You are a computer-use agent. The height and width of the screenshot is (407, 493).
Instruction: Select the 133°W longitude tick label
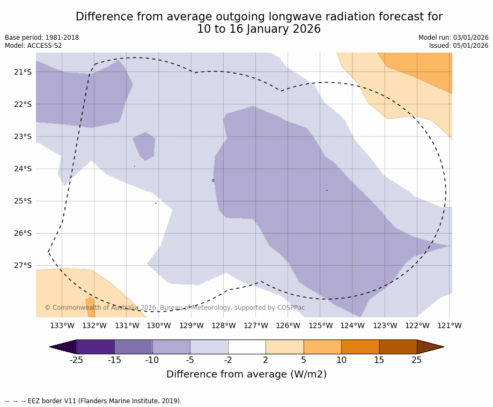pos(62,325)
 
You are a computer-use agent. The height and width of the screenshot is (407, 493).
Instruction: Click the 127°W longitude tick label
pos(255,325)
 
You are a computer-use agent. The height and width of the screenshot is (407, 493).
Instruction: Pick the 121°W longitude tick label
pos(449,325)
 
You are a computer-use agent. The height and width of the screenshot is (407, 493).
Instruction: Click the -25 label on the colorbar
pos(76,360)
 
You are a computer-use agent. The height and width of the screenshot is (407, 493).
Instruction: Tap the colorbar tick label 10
pos(341,360)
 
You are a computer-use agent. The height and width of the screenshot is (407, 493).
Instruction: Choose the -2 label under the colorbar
pos(227,360)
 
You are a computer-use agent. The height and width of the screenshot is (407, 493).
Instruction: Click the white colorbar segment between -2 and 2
pos(247,347)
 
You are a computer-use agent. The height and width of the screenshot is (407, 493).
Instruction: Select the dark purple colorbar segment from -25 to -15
pos(95,347)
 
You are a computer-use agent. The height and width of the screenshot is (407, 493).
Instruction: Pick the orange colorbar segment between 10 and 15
pos(360,347)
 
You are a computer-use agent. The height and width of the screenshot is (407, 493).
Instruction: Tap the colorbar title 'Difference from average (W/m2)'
pos(246,374)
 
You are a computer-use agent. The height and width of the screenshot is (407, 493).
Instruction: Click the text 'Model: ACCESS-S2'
pos(33,46)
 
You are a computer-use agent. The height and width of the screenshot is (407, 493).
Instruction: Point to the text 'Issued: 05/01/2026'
pos(459,46)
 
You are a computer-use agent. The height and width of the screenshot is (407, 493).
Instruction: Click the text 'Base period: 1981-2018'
pos(42,38)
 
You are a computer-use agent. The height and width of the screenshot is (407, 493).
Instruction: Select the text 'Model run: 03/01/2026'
pos(453,38)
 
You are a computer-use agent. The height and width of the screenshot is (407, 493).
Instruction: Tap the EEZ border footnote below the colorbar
pos(93,401)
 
